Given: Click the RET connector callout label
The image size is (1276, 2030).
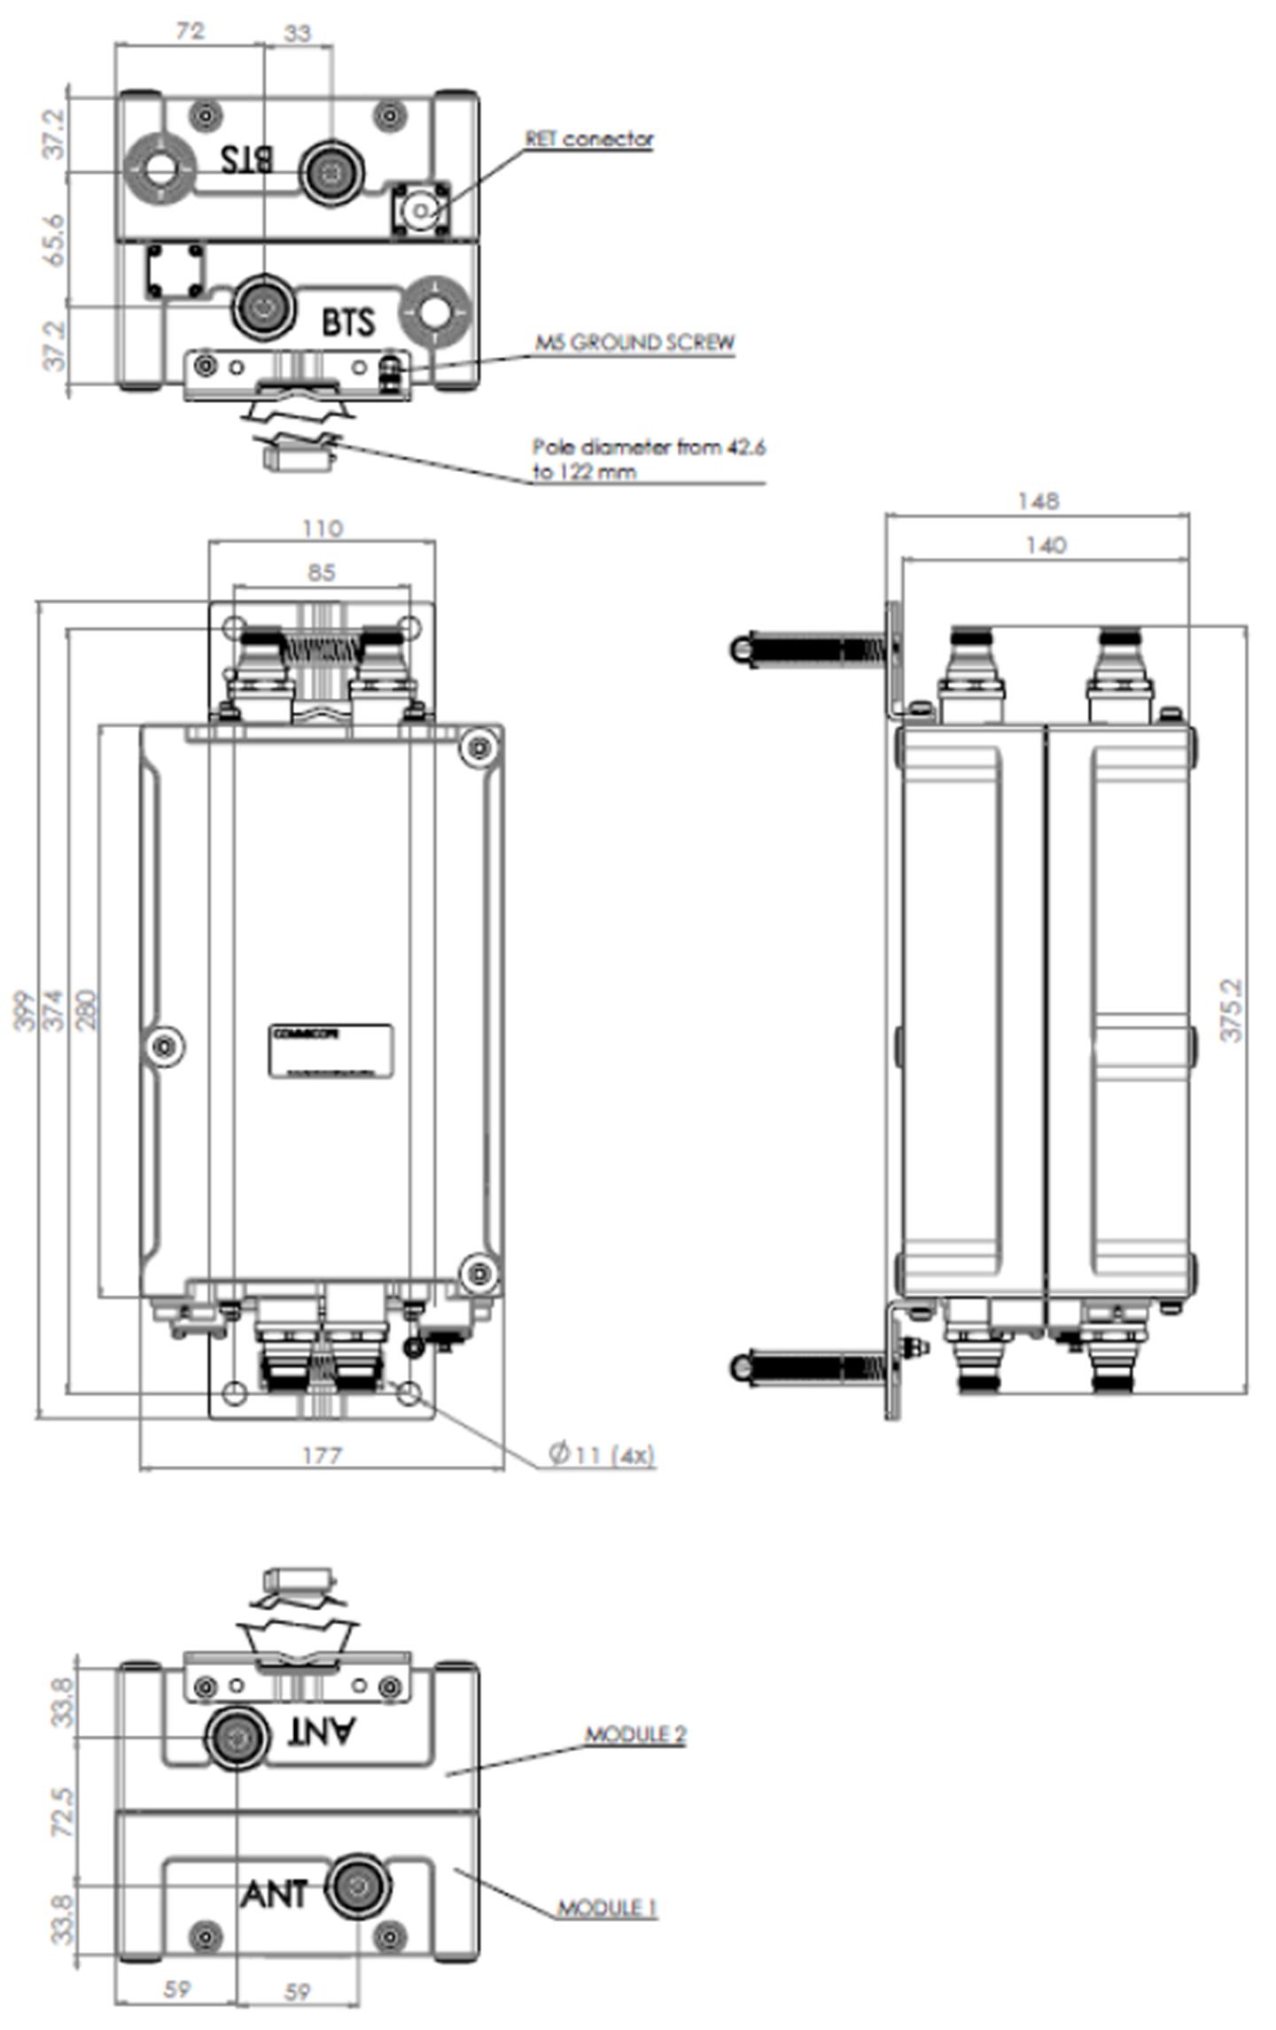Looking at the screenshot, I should tap(588, 139).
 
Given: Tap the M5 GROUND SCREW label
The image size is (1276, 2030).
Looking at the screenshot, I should tap(634, 343).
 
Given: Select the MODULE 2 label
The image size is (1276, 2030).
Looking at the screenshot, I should tap(634, 1734).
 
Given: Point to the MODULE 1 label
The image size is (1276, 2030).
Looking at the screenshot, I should tap(607, 1908).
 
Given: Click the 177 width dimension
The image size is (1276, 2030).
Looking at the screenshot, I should tap(322, 1455).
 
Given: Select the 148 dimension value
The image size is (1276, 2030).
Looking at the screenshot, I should tap(1038, 501).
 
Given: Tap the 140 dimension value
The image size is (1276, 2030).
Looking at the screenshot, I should tap(1046, 546).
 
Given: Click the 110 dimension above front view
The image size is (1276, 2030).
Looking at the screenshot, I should tap(322, 529).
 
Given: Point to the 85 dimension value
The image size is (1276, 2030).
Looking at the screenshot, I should tap(322, 573).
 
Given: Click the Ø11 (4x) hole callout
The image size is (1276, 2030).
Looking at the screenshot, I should tap(602, 1454).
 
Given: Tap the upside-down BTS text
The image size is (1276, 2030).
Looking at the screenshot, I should tap(247, 160).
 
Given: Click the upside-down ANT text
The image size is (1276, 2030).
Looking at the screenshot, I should tap(321, 1731).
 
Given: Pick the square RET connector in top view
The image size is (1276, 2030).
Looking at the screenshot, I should tap(422, 210).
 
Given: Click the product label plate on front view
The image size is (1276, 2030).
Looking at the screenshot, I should tap(331, 1051).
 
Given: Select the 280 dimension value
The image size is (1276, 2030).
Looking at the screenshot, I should tap(87, 1010).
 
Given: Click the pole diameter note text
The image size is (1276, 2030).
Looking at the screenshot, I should tap(648, 459).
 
